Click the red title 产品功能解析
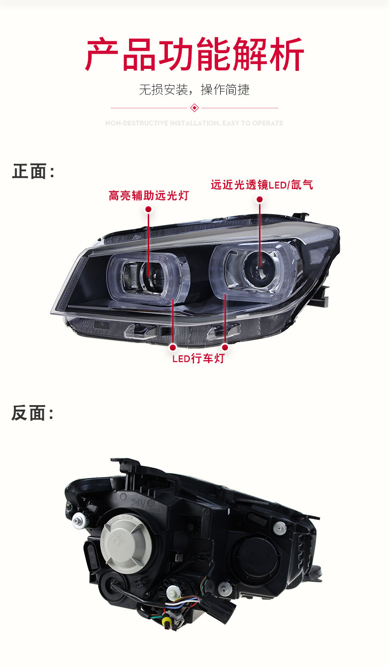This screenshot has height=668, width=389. [x=194, y=54]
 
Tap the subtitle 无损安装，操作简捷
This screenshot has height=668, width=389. [x=194, y=90]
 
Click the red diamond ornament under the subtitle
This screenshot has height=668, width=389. [x=194, y=108]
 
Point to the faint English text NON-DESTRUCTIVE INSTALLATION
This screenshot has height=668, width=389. [x=194, y=123]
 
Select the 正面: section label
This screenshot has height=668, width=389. [x=32, y=172]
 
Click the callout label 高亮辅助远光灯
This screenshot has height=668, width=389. [x=148, y=195]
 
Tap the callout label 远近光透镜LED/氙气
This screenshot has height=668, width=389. [x=261, y=185]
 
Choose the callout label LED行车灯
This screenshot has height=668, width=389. [x=198, y=358]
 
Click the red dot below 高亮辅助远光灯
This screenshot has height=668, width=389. [x=148, y=209]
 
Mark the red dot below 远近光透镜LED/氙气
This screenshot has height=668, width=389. [x=259, y=199]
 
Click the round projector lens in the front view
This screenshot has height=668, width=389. [x=256, y=269]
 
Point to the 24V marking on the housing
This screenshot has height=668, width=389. [x=138, y=503]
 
